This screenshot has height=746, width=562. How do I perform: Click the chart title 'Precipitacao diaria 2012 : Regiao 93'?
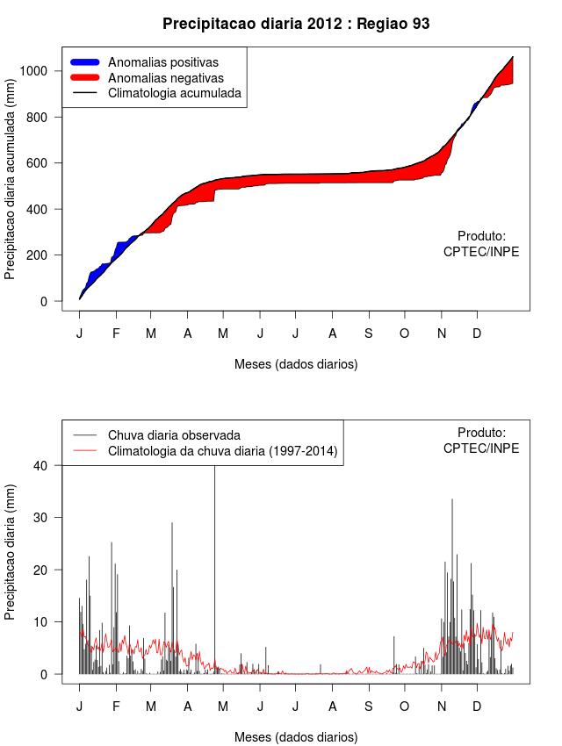click(296, 24)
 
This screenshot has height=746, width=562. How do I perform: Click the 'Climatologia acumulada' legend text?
click(174, 92)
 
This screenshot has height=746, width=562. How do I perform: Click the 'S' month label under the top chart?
click(369, 334)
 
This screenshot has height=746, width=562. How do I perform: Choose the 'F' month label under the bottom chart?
click(115, 707)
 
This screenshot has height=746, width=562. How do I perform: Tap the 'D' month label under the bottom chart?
click(477, 707)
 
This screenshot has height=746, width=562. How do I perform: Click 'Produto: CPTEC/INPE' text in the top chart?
click(481, 244)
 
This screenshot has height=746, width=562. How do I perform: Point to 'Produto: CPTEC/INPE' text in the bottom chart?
click(481, 441)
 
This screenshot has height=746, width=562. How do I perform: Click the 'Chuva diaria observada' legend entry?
click(174, 435)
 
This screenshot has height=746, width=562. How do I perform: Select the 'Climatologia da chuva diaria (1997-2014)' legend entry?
click(222, 451)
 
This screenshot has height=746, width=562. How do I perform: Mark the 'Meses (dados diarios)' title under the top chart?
click(296, 363)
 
